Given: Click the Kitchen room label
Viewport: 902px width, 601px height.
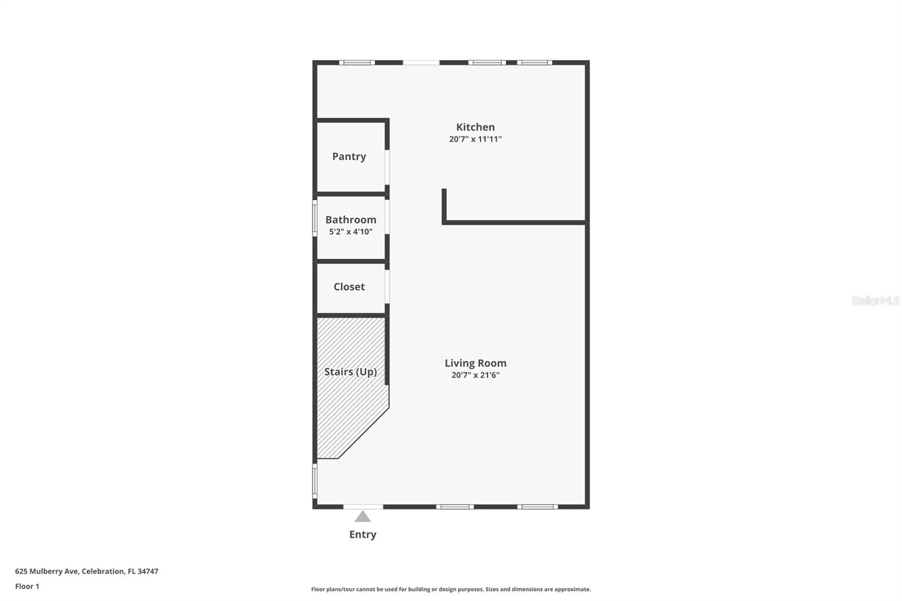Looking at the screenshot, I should click(x=475, y=127).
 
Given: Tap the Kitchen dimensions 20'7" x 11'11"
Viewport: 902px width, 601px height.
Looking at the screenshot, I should click(x=475, y=139).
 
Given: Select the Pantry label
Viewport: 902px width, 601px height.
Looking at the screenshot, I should click(x=349, y=157).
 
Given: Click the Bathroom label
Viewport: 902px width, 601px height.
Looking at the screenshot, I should click(x=351, y=220).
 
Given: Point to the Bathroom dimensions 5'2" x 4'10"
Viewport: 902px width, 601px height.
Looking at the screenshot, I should click(x=351, y=232).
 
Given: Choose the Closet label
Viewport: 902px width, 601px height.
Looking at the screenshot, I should click(x=349, y=287).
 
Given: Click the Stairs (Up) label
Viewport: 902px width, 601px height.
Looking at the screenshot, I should click(x=350, y=372).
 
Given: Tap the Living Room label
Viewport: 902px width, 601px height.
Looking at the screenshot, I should click(x=475, y=364).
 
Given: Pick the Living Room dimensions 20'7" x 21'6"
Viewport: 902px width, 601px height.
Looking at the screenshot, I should click(x=475, y=375).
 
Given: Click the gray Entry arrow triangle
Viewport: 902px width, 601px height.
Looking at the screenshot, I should click(x=362, y=516).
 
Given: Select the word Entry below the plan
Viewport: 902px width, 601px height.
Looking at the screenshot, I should click(x=362, y=534).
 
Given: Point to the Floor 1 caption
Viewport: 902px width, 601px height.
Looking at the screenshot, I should click(x=27, y=586).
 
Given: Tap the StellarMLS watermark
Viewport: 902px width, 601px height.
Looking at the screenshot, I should click(x=875, y=300).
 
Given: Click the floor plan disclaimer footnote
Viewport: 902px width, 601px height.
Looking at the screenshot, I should click(x=451, y=589).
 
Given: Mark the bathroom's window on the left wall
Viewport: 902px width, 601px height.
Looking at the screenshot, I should click(x=315, y=218).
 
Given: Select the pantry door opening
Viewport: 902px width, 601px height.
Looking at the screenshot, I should click(x=387, y=167).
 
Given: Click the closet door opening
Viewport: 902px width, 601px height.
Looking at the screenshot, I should click(x=387, y=286).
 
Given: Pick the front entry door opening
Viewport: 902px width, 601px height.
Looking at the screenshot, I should click(x=363, y=506).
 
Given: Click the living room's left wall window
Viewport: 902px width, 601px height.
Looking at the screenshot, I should click(x=315, y=481).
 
